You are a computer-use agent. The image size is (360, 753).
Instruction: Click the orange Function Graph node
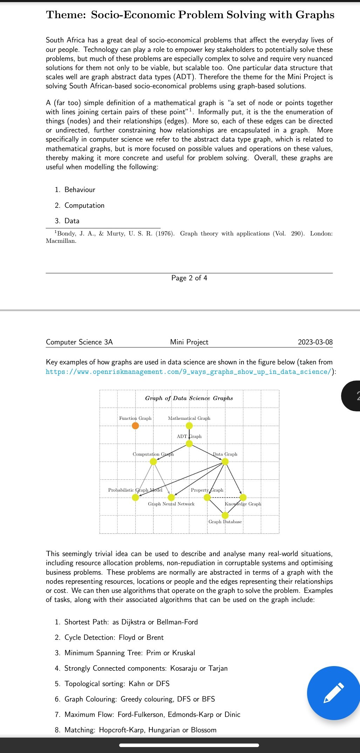click(135, 426)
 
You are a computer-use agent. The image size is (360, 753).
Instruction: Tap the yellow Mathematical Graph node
click(189, 426)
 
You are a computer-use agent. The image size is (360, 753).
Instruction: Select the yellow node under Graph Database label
click(225, 515)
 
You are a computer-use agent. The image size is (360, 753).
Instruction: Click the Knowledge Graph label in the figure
click(243, 504)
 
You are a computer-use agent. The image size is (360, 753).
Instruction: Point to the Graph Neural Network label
click(171, 504)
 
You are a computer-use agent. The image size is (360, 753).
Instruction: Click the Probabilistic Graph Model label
click(135, 490)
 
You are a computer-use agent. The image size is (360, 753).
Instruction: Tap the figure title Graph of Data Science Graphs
click(189, 398)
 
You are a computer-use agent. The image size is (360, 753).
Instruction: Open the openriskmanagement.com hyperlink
click(189, 372)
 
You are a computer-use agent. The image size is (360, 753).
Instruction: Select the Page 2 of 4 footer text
click(189, 278)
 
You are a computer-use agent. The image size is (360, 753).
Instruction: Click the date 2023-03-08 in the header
click(315, 342)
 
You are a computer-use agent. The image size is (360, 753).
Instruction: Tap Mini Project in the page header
click(189, 342)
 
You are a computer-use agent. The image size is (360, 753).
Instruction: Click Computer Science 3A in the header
click(79, 342)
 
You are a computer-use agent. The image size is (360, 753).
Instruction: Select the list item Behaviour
click(80, 190)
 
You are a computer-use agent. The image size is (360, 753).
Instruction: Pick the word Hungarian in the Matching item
click(164, 730)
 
